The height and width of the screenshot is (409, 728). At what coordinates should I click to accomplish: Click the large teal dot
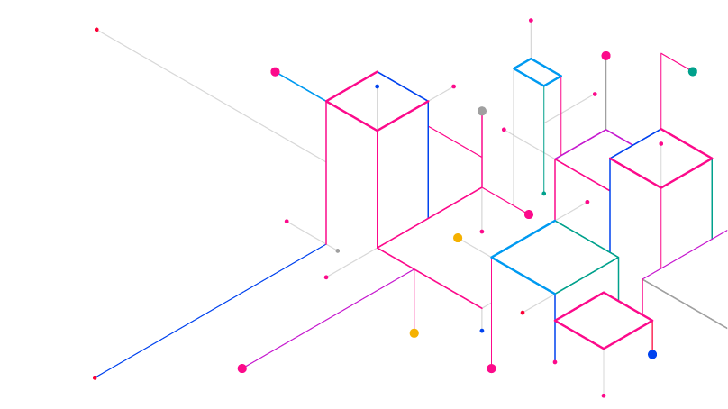692,71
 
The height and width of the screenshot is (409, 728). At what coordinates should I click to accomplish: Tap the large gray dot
482,111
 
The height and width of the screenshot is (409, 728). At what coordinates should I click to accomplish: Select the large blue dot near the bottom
652,354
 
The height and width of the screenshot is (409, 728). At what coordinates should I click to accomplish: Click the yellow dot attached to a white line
458,238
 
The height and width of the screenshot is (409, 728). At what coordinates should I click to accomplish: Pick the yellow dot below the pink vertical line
414,333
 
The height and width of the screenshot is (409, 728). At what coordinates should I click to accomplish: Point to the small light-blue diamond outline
537,71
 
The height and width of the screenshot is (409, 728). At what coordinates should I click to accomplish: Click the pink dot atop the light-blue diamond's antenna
531,20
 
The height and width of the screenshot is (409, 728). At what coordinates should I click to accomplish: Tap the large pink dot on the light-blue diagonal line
275,71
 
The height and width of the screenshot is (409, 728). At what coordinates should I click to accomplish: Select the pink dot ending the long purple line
241,368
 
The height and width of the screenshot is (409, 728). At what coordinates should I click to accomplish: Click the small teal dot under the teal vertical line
543,194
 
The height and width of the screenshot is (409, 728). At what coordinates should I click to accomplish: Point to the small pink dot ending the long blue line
95,377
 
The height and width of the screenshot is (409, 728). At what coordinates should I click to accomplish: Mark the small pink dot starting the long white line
97,30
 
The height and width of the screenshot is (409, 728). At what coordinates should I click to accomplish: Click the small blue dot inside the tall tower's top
378,86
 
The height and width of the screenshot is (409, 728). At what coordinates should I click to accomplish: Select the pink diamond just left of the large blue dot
603,320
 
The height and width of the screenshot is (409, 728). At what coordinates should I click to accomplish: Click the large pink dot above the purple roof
605,56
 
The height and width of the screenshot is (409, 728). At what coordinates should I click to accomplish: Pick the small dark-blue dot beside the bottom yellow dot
482,331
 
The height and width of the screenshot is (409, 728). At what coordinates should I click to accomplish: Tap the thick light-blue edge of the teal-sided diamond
523,275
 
